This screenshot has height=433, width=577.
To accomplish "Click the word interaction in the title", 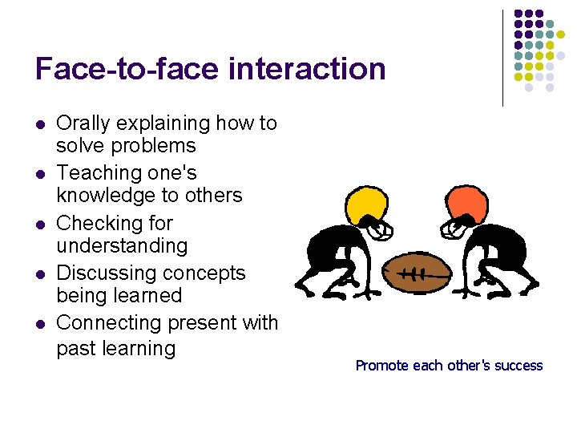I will [307, 69].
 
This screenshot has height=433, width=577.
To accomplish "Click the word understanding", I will [122, 245].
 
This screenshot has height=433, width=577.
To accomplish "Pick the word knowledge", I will [104, 196].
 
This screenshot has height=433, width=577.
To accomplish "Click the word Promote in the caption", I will [381, 366].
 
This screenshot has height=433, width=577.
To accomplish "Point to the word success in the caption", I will [520, 366].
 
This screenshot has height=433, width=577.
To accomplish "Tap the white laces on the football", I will [414, 273].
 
